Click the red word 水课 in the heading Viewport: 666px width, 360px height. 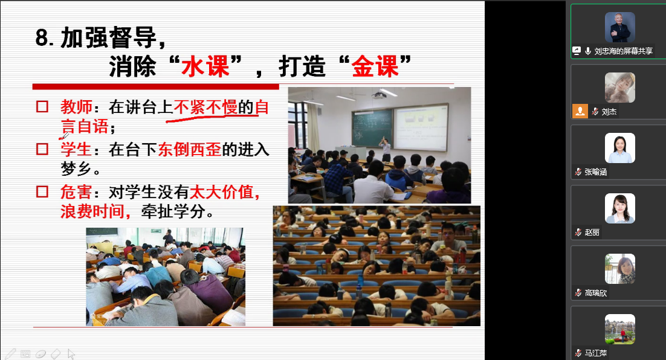coord(205,66)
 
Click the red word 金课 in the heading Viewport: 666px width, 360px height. coord(375,66)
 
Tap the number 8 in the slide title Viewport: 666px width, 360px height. coord(42,37)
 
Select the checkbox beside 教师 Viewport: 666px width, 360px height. coord(42,106)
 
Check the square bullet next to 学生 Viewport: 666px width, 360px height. coord(42,149)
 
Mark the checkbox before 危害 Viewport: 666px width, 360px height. coord(42,192)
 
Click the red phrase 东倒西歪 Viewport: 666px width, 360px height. coord(190,149)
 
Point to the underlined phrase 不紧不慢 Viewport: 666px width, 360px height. coord(205,107)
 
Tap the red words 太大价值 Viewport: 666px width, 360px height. coord(221,192)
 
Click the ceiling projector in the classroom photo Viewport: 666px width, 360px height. coord(379,95)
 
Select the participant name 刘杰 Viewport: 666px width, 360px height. coord(609,112)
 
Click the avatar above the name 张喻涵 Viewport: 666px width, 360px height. coord(619,148)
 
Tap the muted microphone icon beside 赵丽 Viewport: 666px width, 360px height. coord(578,232)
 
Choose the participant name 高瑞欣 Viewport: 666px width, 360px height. coord(596,293)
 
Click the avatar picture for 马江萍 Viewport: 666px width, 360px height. coord(619,329)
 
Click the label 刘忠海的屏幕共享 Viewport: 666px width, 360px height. coord(623,51)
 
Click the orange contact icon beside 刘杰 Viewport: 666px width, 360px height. coord(580,111)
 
